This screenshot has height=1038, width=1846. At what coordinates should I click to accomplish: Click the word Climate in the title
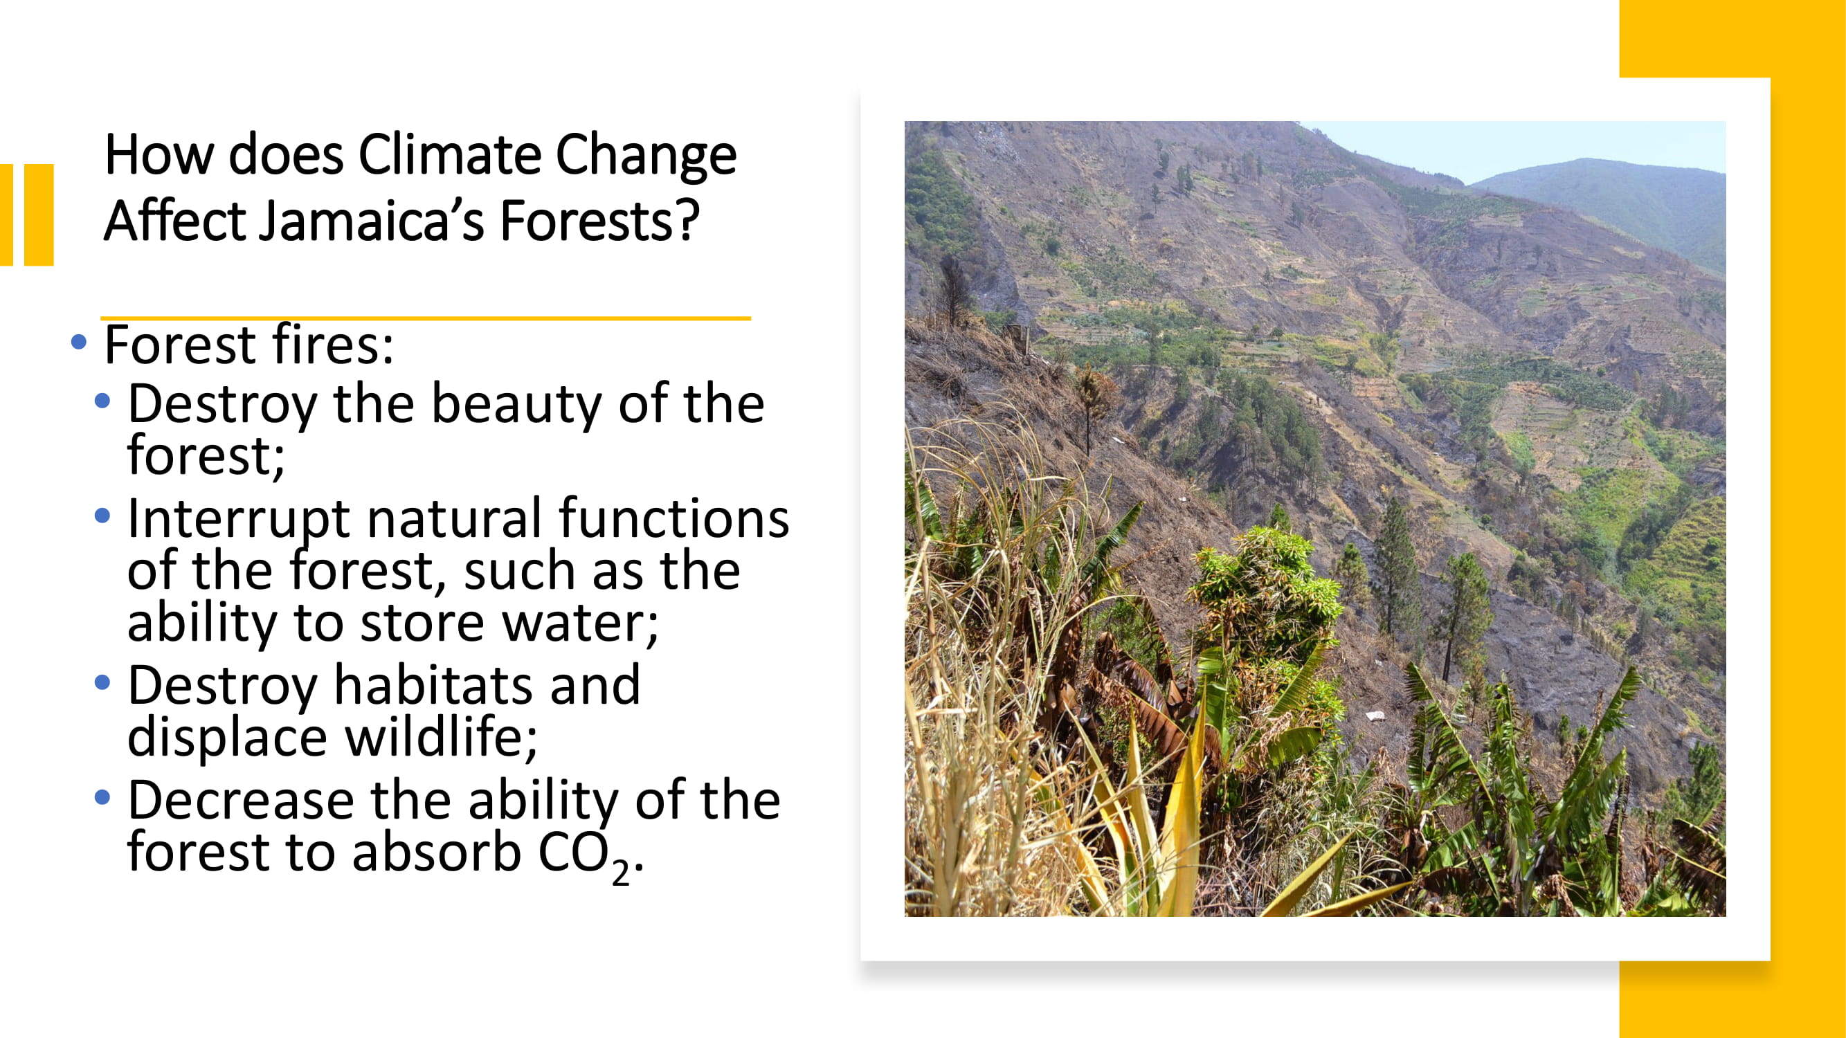pyautogui.click(x=450, y=154)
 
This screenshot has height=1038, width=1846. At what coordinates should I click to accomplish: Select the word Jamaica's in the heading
pyautogui.click(x=372, y=220)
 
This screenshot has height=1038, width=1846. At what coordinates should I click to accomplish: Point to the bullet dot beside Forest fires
pyautogui.click(x=79, y=342)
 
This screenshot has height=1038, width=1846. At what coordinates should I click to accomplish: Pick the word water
pyautogui.click(x=581, y=624)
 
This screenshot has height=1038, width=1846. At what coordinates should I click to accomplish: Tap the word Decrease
pyautogui.click(x=241, y=799)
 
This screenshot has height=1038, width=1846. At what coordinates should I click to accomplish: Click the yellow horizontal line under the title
pyautogui.click(x=426, y=318)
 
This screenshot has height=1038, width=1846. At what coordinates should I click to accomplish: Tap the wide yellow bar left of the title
pyautogui.click(x=39, y=215)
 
